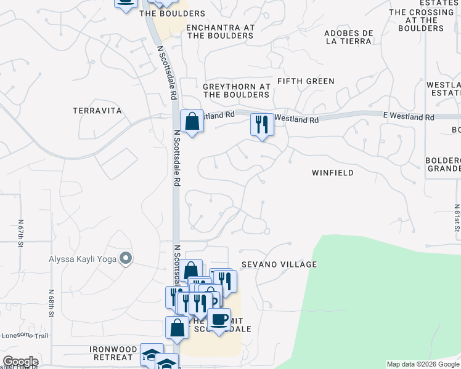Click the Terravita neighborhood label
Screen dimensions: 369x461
(x=97, y=111)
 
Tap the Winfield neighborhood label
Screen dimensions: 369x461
(x=333, y=173)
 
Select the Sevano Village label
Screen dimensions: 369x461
(x=279, y=264)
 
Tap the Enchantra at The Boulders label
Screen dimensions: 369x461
(x=220, y=31)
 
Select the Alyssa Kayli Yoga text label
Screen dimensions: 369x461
(x=83, y=259)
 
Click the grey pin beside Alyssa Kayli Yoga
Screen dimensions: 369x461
(x=126, y=258)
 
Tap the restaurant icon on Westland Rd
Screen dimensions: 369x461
(x=262, y=125)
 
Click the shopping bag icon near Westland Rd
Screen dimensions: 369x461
(x=192, y=121)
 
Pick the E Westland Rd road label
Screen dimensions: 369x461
(x=408, y=116)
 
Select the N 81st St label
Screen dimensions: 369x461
(x=457, y=215)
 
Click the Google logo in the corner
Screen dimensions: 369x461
(x=20, y=362)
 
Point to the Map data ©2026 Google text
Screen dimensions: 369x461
(x=423, y=364)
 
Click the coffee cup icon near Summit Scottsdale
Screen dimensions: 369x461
(x=219, y=319)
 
